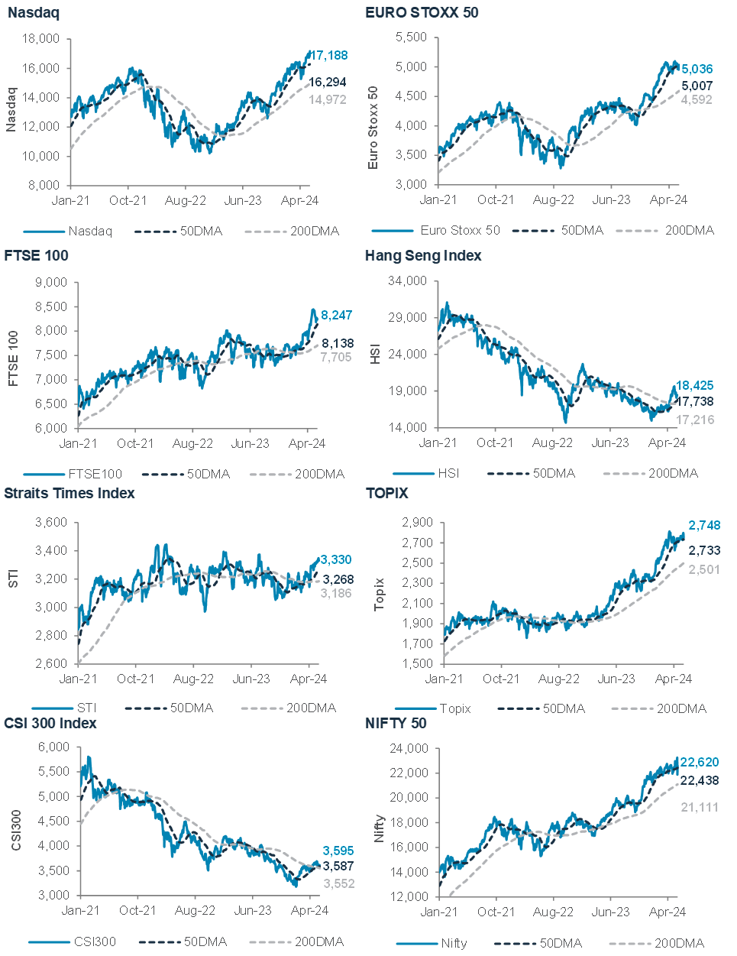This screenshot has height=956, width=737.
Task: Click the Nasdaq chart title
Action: click(x=33, y=13)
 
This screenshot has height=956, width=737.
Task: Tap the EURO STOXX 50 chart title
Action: click(x=422, y=13)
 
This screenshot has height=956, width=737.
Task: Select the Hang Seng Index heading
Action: click(x=423, y=256)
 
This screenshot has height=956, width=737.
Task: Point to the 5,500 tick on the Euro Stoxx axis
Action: click(x=412, y=37)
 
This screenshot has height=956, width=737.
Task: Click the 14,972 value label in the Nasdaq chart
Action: click(x=328, y=100)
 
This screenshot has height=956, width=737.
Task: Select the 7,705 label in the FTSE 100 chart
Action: click(x=336, y=356)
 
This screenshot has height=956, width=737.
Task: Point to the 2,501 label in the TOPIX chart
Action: click(x=705, y=569)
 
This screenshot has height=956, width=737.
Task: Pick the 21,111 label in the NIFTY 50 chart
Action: click(x=699, y=807)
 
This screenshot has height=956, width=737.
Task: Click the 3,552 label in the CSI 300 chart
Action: click(x=338, y=883)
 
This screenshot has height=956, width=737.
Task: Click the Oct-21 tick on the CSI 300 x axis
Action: click(x=137, y=910)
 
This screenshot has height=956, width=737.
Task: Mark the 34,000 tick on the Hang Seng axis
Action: click(x=409, y=281)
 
